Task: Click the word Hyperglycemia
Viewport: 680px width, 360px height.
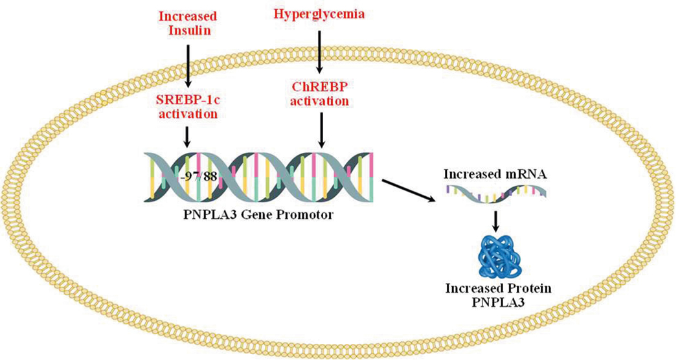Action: click(x=319, y=14)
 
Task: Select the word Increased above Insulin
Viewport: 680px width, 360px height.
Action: click(x=187, y=16)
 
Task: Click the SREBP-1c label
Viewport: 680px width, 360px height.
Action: click(x=188, y=100)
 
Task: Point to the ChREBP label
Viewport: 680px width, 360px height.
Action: click(x=320, y=87)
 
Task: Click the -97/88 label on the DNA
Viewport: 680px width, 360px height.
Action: click(x=198, y=177)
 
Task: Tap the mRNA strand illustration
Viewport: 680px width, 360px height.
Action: click(x=496, y=192)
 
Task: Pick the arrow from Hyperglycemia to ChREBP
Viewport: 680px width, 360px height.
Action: click(x=320, y=51)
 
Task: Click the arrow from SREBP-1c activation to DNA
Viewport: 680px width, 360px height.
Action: click(x=187, y=136)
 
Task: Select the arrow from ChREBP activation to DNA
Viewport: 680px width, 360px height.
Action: click(x=321, y=129)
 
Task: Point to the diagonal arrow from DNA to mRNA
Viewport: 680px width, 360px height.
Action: click(x=408, y=190)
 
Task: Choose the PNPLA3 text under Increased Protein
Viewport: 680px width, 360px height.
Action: click(x=498, y=302)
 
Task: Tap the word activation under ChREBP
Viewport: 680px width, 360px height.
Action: click(x=320, y=101)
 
